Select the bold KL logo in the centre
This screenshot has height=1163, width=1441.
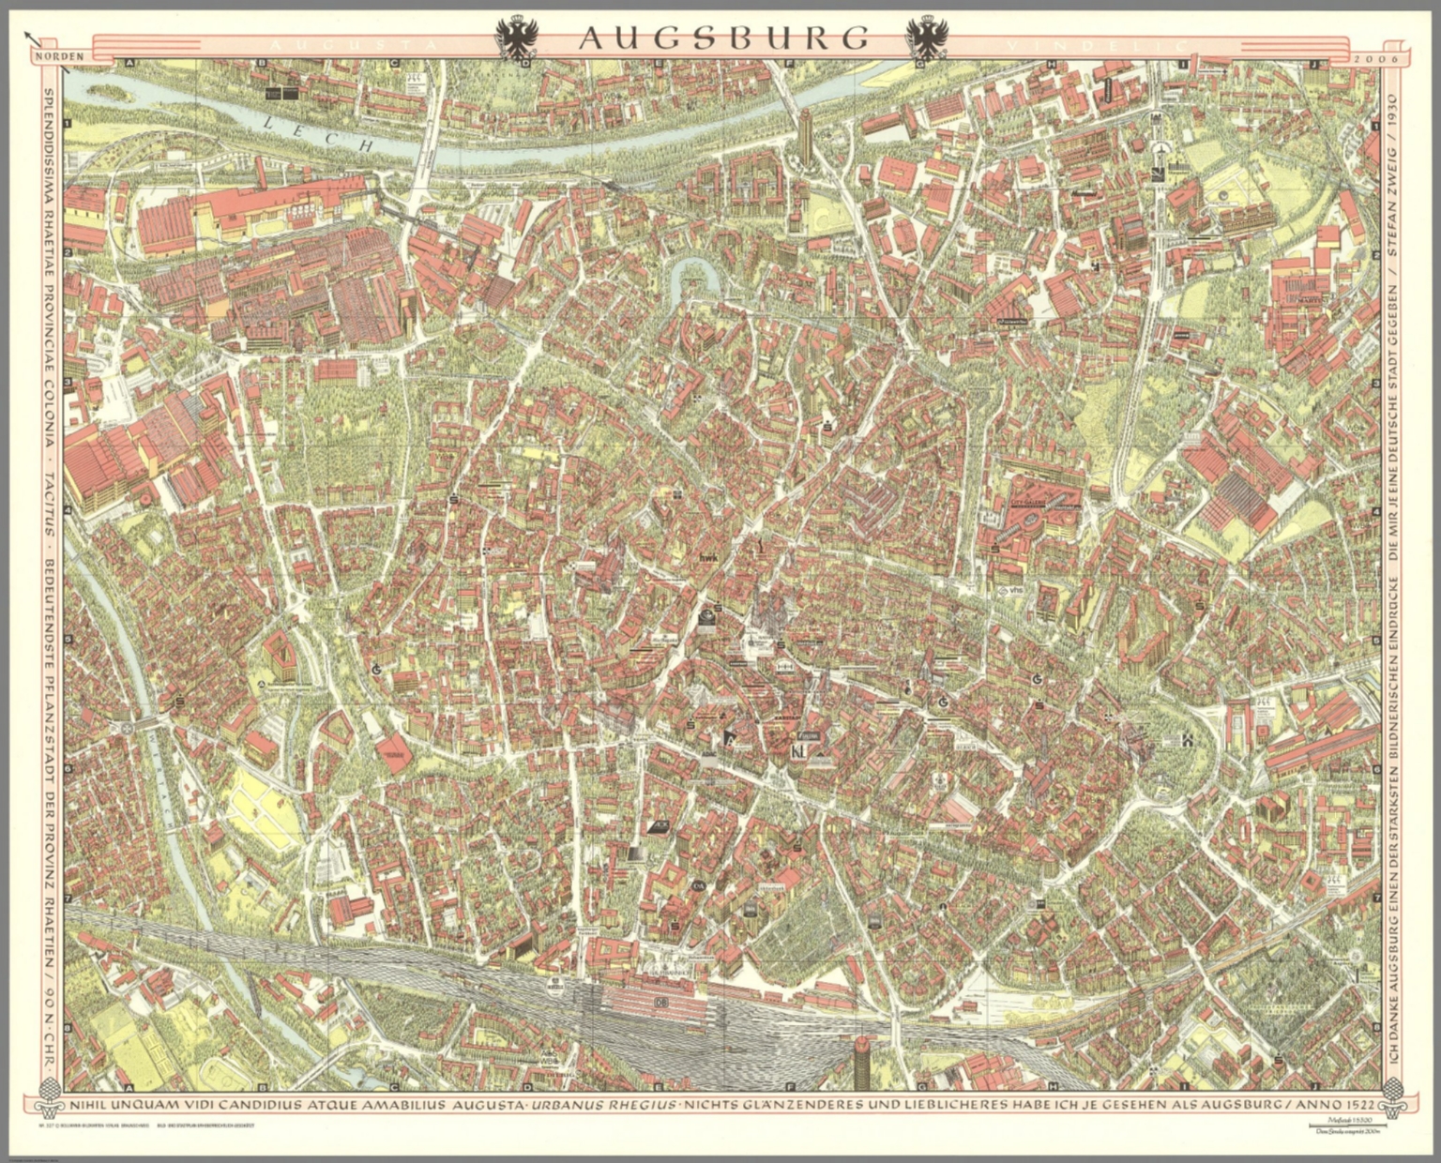pyautogui.click(x=799, y=727)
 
